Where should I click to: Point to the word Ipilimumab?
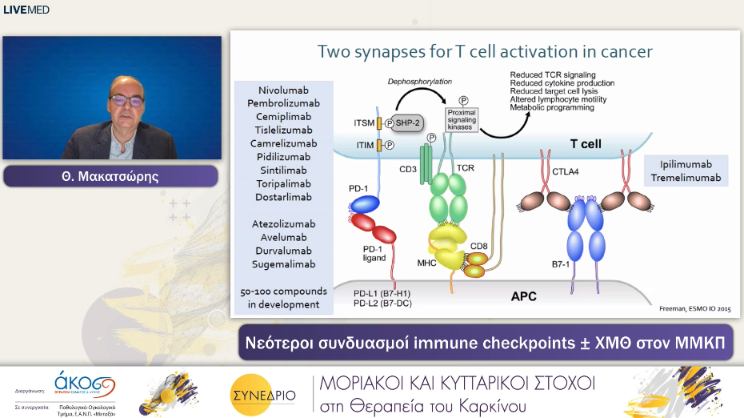[685, 164]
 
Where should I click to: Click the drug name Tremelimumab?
[685, 178]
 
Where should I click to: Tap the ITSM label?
[364, 123]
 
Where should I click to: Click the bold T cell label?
[585, 144]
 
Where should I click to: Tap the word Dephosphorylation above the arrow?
[420, 82]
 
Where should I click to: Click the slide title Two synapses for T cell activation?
[485, 52]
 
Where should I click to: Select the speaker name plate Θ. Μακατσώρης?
[110, 176]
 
